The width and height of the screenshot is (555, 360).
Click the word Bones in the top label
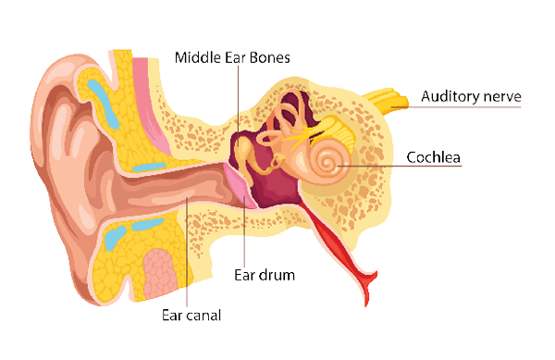coord(268,57)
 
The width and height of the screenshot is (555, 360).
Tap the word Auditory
coord(448,96)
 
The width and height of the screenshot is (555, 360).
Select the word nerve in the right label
coord(502,96)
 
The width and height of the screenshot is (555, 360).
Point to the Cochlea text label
coord(434,157)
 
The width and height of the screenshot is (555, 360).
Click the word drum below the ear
coord(278,275)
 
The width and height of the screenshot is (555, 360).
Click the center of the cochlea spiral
coord(327,164)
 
